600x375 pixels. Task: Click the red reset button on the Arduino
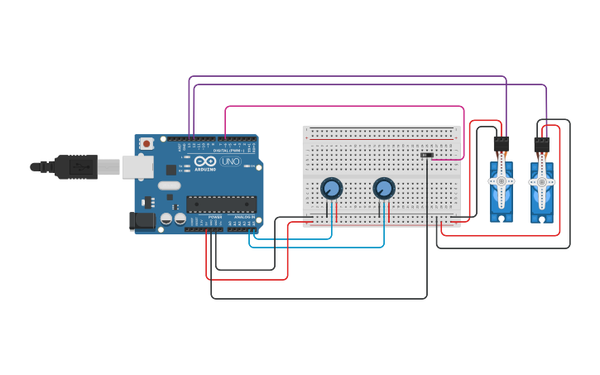146,143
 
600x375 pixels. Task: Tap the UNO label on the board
230,161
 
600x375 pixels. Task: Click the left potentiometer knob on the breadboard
331,189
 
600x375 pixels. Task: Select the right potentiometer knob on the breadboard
384,189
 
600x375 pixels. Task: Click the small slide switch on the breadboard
427,155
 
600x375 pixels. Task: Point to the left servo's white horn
501,180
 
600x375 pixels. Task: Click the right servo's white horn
541,181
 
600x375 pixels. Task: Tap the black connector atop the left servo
502,143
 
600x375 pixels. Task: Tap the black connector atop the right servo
541,144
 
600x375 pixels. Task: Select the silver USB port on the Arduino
137,167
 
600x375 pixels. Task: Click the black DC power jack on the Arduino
142,220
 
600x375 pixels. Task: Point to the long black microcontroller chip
221,204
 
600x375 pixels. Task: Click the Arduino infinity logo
205,161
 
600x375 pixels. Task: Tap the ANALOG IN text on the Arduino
244,217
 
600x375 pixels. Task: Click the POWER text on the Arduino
215,217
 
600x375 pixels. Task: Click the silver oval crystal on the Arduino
169,185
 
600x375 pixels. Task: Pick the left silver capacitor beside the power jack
166,219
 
